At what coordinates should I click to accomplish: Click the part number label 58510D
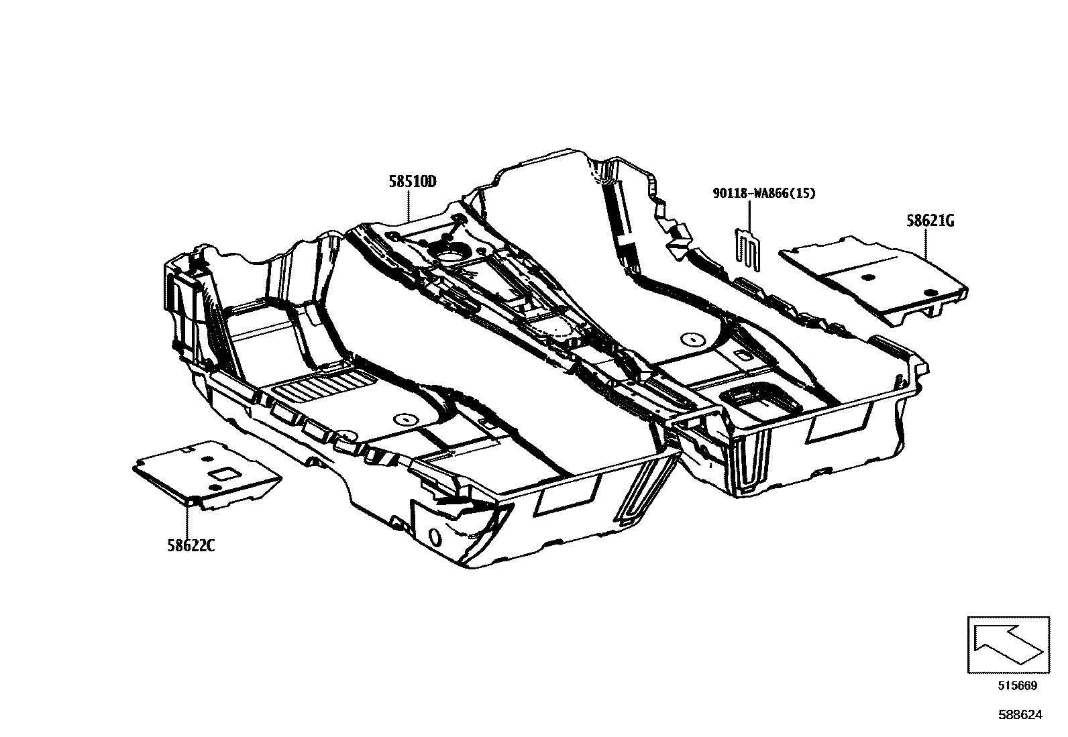[x=412, y=180]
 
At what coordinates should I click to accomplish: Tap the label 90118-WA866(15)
[x=763, y=194]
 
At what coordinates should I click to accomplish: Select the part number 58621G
[x=930, y=221]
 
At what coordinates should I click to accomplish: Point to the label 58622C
[x=191, y=545]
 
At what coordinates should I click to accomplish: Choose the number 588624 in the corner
[x=1020, y=715]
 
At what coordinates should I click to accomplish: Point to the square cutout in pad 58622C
[x=222, y=474]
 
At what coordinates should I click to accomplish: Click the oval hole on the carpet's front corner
[x=434, y=536]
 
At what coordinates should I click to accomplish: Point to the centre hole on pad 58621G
[x=868, y=277]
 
